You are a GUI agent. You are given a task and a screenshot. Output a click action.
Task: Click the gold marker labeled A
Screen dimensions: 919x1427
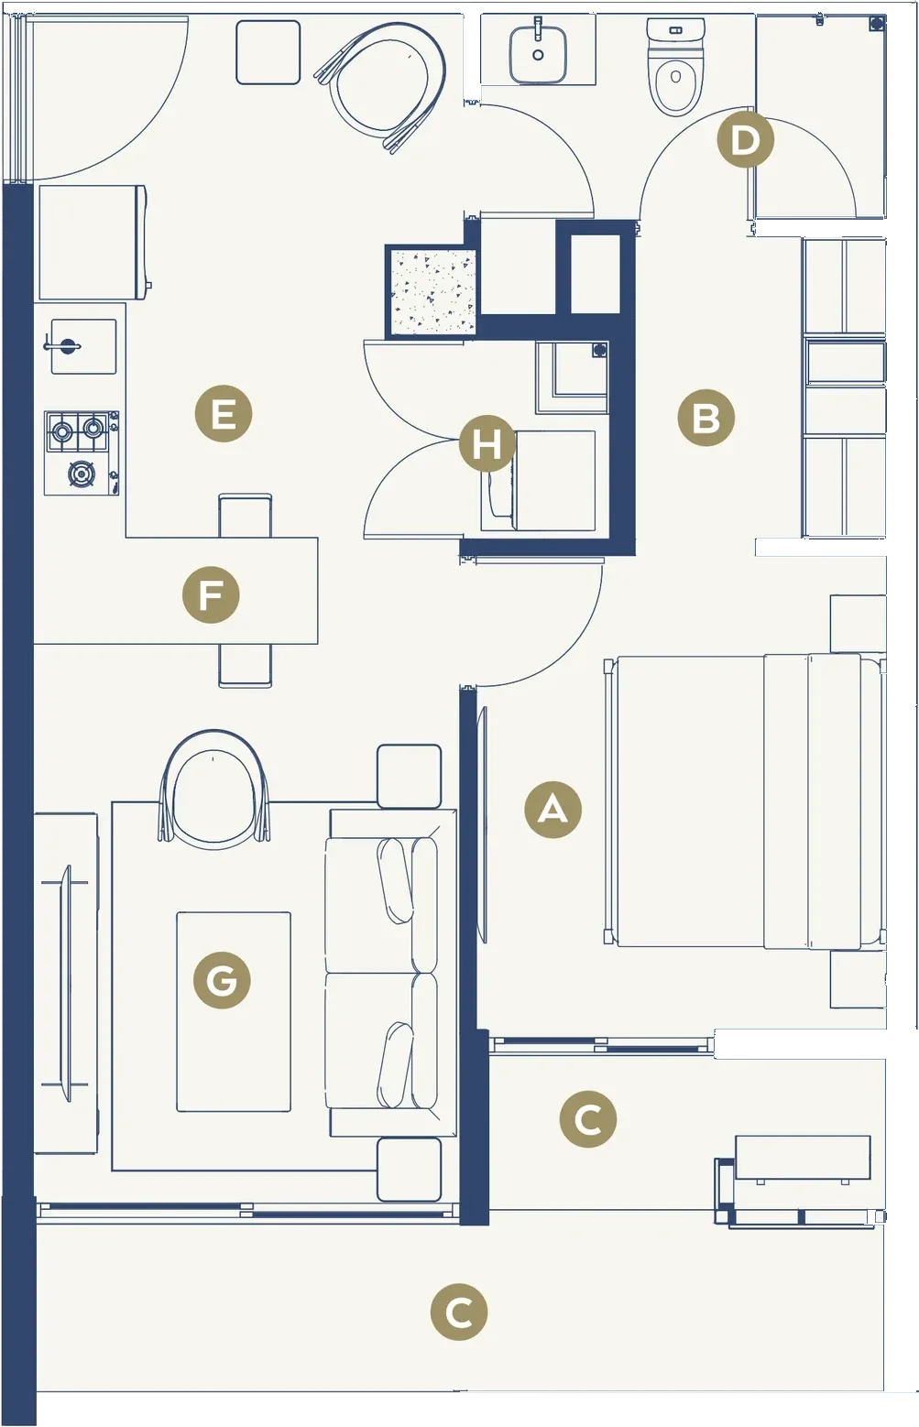click(552, 810)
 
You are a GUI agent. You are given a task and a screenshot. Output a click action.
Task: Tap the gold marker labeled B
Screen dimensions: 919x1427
click(706, 418)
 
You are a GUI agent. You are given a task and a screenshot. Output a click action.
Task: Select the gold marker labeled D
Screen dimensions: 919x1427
click(745, 139)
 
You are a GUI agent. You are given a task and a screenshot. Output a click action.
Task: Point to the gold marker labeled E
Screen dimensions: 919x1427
click(223, 414)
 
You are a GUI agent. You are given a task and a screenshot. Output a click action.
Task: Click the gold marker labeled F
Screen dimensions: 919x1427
click(211, 595)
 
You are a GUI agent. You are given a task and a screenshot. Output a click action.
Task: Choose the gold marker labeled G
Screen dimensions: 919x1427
click(221, 980)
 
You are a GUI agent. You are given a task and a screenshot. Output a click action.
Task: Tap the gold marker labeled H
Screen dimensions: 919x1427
click(487, 443)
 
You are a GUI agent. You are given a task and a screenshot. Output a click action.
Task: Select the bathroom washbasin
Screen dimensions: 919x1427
click(537, 53)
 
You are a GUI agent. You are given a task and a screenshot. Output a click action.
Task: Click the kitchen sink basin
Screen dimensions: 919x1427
click(83, 346)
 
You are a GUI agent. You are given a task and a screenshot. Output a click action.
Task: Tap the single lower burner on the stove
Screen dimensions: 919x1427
click(81, 474)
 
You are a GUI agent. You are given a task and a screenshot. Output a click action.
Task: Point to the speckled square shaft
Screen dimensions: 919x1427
click(432, 291)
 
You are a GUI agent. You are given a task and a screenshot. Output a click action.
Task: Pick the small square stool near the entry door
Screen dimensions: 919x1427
click(268, 51)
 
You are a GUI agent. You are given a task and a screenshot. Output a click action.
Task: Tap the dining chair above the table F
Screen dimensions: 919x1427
click(245, 515)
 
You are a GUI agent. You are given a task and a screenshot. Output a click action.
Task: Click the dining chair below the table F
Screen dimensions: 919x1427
click(245, 666)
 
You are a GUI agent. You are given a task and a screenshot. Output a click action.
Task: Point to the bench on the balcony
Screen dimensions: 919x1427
click(803, 1157)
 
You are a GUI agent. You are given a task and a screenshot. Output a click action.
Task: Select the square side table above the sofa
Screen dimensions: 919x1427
click(410, 776)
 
